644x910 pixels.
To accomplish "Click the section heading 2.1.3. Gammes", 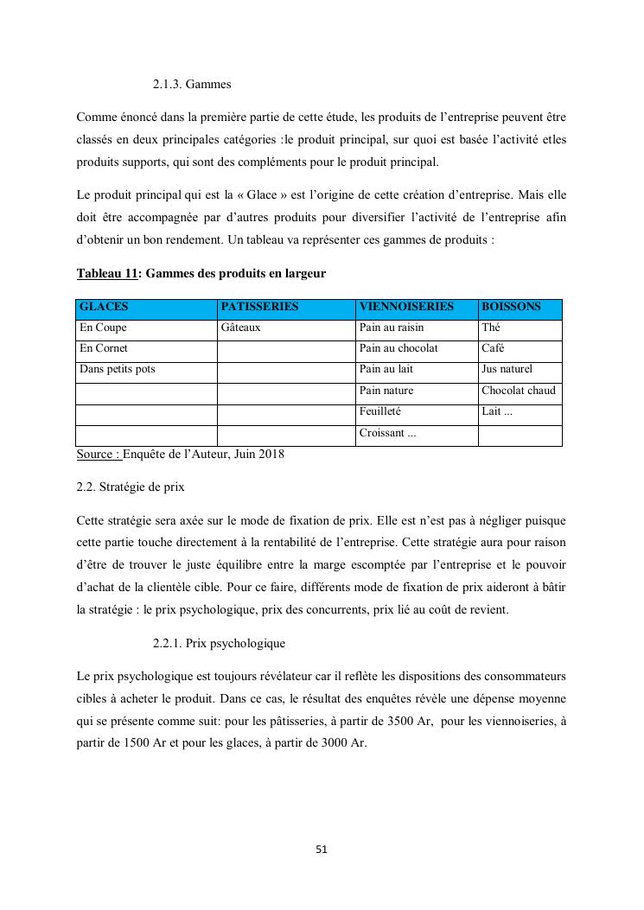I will click(x=192, y=85).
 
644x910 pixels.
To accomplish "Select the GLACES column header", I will click(x=104, y=307).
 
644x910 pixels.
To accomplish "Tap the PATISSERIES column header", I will click(x=259, y=307).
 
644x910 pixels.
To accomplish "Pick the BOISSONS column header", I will click(x=511, y=307).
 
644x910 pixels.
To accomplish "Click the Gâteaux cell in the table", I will click(x=240, y=328).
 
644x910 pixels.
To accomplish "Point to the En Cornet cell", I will click(x=104, y=348).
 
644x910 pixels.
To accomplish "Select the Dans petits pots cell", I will click(x=118, y=369).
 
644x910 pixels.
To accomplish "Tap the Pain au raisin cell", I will click(x=391, y=328).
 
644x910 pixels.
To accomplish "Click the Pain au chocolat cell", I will click(x=398, y=348).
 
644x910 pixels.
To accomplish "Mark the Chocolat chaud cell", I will click(x=519, y=391).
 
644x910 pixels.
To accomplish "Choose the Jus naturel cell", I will click(x=507, y=369).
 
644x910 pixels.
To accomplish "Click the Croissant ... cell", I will click(x=387, y=433).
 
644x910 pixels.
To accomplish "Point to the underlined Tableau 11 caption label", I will click(x=107, y=274).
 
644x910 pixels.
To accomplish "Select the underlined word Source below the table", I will click(x=97, y=454).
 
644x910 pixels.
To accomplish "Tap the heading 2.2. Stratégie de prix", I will click(x=130, y=487).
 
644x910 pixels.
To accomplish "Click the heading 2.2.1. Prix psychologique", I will click(x=219, y=644).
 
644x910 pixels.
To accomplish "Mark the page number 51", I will click(x=322, y=850).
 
